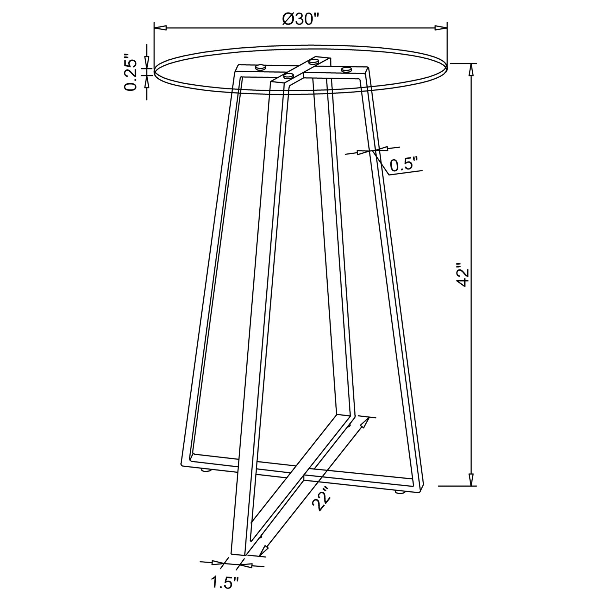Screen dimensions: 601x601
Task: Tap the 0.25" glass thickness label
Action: (130, 73)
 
